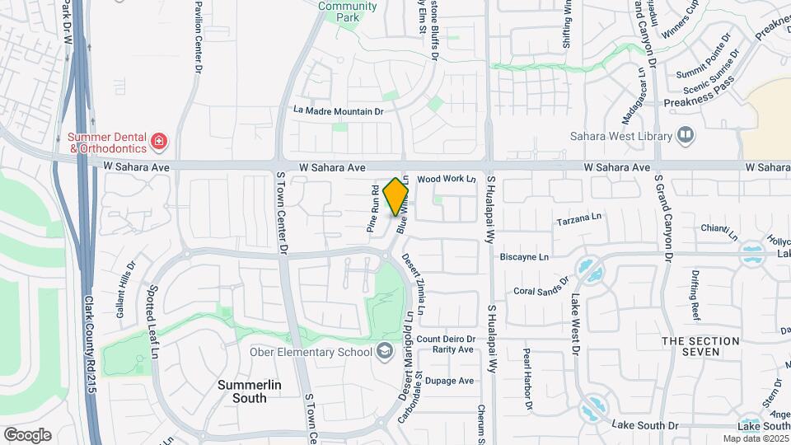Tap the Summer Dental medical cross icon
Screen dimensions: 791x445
[159, 143]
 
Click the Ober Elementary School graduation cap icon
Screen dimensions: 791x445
[384, 352]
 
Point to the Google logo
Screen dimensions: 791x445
[26, 435]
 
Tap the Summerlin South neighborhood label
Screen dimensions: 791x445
[242, 391]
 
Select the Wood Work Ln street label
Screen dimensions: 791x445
[447, 179]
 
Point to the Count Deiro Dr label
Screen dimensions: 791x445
[447, 339]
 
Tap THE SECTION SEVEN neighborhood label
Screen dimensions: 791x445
[690, 346]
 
